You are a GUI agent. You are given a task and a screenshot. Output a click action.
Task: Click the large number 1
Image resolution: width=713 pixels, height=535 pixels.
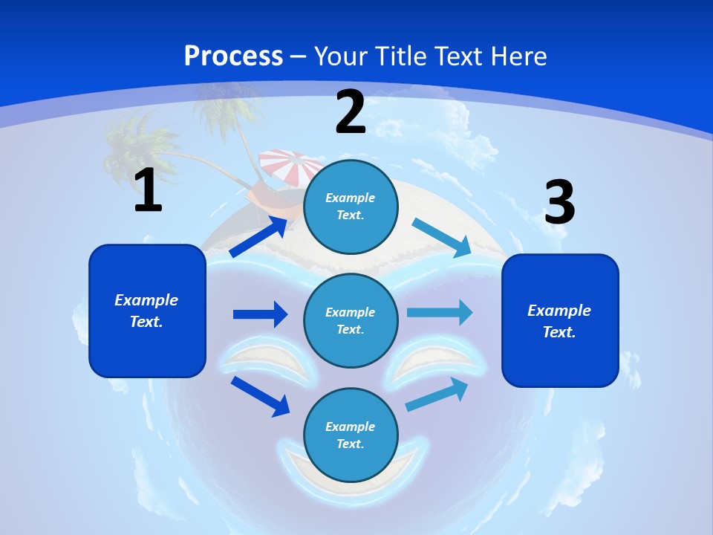click(148, 189)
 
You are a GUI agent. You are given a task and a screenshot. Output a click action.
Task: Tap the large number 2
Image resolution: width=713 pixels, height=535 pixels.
click(351, 111)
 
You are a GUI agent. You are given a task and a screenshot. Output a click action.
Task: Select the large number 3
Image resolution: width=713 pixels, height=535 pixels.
click(560, 203)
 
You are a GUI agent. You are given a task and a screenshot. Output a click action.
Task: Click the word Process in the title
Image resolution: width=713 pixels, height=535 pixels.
click(233, 56)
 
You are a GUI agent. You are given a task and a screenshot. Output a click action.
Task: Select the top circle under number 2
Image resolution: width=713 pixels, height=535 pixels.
click(351, 207)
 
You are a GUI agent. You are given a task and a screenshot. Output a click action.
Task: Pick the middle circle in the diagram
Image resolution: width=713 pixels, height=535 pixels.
click(351, 320)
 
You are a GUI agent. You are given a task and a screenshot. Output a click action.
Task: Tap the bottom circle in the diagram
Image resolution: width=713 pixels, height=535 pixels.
click(351, 435)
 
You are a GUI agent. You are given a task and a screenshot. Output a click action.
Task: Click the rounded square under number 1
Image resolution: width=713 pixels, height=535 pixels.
click(147, 311)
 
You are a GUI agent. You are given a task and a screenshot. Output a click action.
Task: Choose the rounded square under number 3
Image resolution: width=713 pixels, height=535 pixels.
click(560, 320)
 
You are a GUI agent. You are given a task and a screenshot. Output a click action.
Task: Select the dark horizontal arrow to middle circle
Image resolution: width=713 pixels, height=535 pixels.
click(260, 314)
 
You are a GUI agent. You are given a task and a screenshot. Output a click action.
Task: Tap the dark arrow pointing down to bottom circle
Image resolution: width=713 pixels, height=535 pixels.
click(261, 396)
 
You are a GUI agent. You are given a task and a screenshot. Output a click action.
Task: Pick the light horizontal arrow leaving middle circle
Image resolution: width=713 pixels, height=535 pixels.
click(440, 312)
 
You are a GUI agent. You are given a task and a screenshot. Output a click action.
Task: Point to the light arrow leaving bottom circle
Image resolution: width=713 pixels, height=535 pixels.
click(437, 394)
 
